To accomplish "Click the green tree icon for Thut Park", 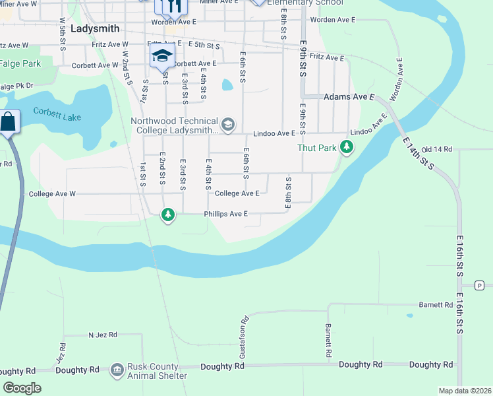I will click(347, 148).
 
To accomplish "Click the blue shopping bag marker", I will click(9, 123).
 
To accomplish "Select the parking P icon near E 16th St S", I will click(479, 285).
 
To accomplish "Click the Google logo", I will click(22, 387).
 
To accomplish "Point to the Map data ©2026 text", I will click(464, 391).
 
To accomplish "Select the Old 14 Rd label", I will click(436, 150).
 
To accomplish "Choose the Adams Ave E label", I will click(349, 97).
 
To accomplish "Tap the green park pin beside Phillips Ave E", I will click(169, 214).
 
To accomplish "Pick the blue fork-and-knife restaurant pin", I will click(175, 6).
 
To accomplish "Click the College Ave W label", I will click(53, 194).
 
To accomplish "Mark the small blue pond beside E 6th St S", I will click(227, 85).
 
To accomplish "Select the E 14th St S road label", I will click(418, 154).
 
